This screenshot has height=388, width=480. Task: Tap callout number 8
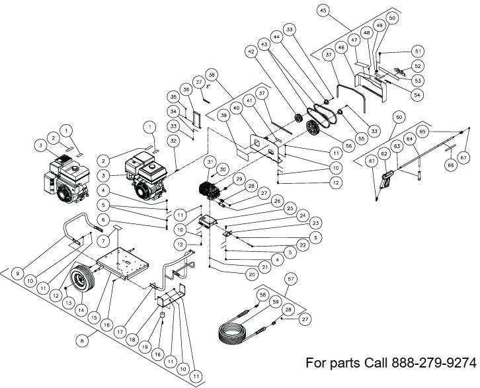(82, 341)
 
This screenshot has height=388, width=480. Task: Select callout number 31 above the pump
(210, 162)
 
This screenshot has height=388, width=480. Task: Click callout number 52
(417, 66)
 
